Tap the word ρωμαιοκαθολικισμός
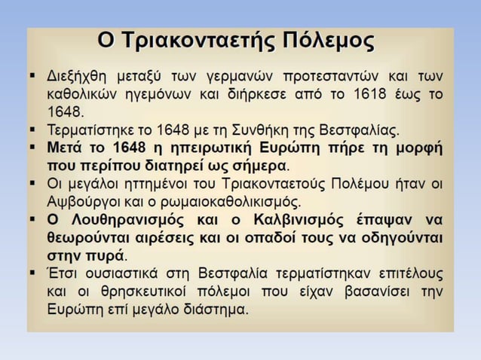226,201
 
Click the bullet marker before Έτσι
34,273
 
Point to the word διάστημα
210,310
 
